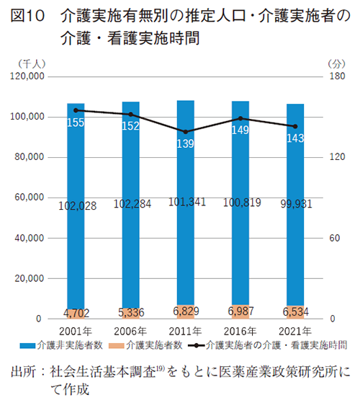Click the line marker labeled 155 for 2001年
pos(76,110)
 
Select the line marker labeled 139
pos(186,132)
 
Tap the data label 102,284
pos(132,205)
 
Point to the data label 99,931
pos(296,205)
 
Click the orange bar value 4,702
pos(76,313)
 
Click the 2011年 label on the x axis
pos(186,331)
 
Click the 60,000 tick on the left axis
pos(31,198)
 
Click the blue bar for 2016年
pos(240,202)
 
